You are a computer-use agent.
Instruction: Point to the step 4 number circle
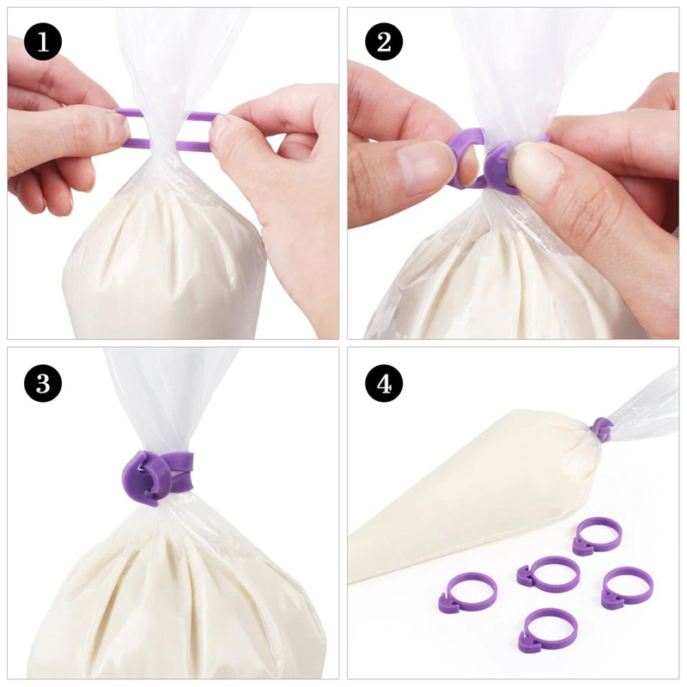click(384, 383)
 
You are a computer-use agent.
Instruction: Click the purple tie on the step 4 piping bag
click(603, 429)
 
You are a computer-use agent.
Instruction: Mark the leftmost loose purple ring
click(467, 593)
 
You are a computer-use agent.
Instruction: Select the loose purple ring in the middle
click(548, 575)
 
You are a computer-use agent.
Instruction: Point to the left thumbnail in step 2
click(424, 164)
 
